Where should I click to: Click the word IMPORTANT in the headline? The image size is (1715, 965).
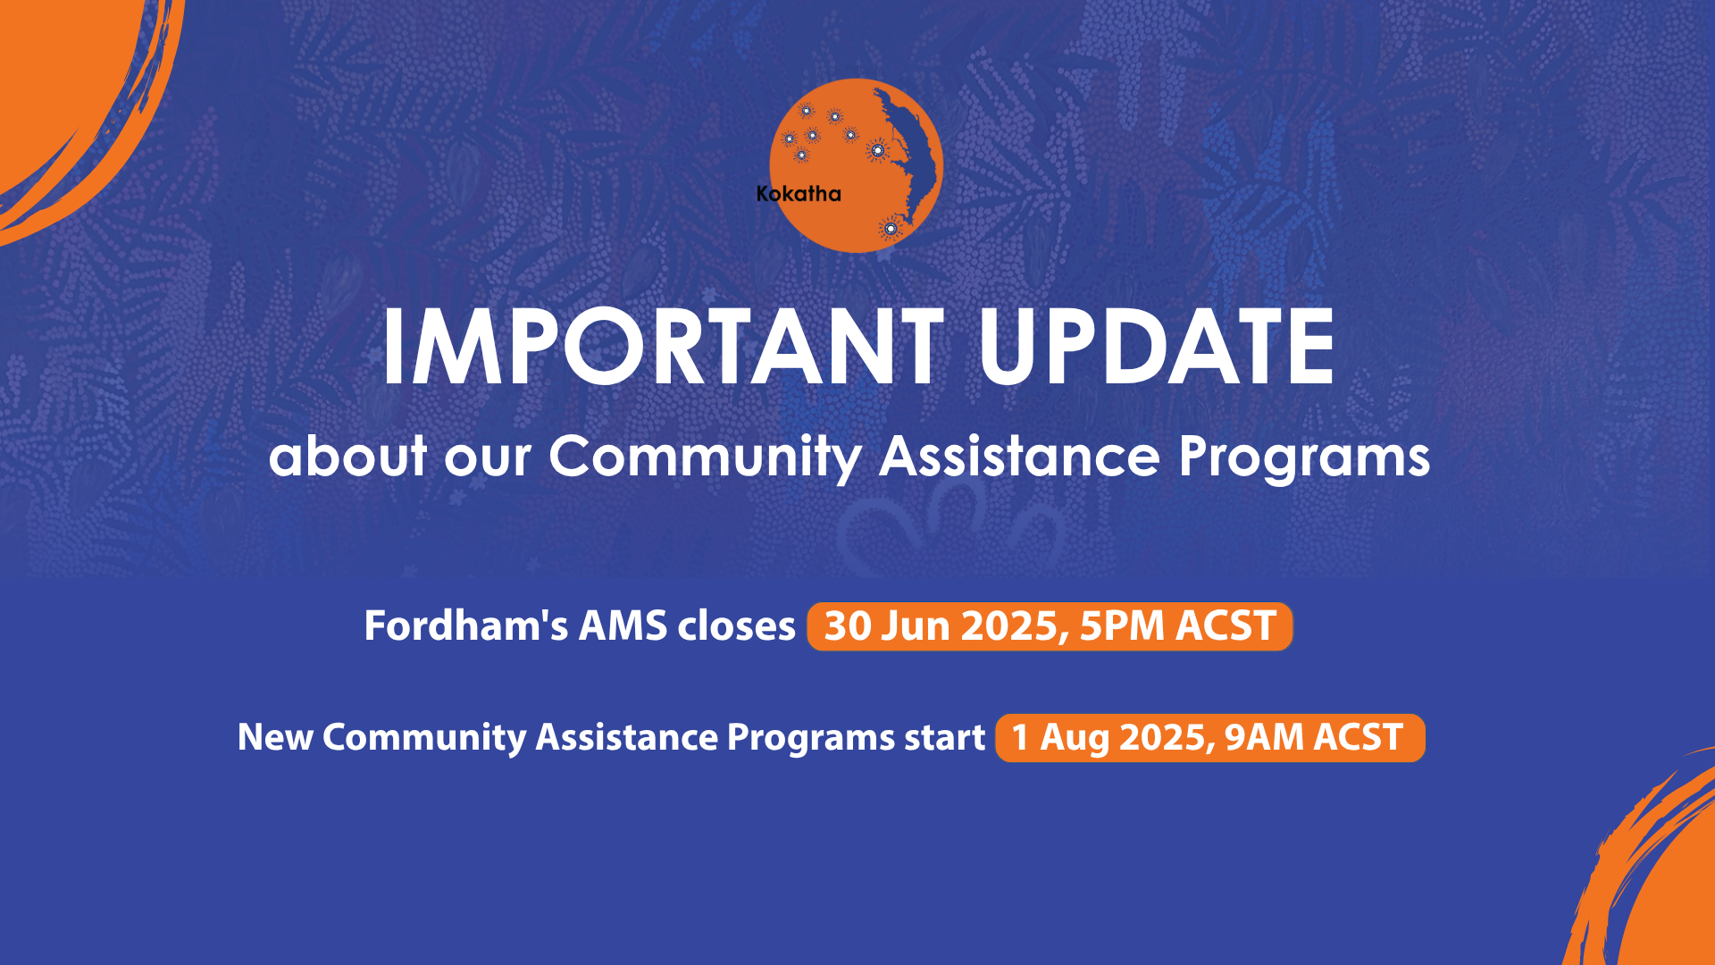(661, 347)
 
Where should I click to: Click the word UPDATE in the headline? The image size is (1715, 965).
(1156, 347)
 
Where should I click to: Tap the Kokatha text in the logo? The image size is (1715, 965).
(798, 194)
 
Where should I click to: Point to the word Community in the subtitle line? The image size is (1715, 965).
(705, 457)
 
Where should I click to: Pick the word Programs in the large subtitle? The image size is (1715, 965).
(1303, 457)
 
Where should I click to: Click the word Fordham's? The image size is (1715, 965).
(465, 625)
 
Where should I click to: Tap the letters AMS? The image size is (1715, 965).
(623, 625)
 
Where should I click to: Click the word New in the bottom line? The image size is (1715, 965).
(275, 738)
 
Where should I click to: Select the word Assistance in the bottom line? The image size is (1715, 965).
(626, 738)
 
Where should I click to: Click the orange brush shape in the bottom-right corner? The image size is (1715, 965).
(1661, 885)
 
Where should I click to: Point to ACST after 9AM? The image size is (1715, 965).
(1358, 738)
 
